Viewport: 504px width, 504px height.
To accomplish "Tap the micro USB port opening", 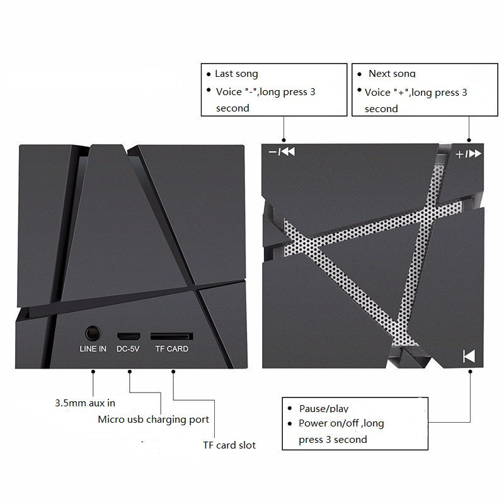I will pyautogui.click(x=127, y=333).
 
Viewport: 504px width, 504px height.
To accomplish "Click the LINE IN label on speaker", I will pyautogui.click(x=93, y=349).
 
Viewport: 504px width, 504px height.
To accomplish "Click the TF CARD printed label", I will pyautogui.click(x=172, y=349).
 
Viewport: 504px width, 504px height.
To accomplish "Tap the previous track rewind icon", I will pyautogui.click(x=288, y=152).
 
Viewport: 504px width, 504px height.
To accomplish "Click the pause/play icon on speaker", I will pyautogui.click(x=469, y=355).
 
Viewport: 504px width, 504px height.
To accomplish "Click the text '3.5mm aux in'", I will pyautogui.click(x=85, y=403).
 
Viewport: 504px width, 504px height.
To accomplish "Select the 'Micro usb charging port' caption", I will pyautogui.click(x=153, y=419).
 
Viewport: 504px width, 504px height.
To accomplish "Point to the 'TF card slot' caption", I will pyautogui.click(x=229, y=445).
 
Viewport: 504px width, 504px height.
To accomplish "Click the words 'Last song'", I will pyautogui.click(x=236, y=74).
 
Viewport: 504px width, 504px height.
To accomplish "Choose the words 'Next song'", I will pyautogui.click(x=392, y=74).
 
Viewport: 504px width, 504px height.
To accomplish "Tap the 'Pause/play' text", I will pyautogui.click(x=323, y=408).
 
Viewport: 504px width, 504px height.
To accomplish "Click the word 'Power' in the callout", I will pyautogui.click(x=313, y=423).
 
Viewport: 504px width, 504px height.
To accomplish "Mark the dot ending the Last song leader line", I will pyautogui.click(x=283, y=140).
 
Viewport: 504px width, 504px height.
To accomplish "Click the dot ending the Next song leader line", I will pyautogui.click(x=469, y=140).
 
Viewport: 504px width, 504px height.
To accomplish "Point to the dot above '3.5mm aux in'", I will pyautogui.click(x=93, y=372).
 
